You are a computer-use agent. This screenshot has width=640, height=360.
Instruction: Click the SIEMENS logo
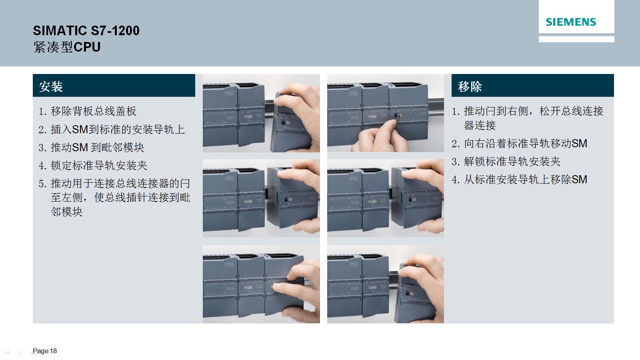pyautogui.click(x=570, y=22)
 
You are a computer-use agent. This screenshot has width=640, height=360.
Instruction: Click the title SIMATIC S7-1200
pyautogui.click(x=86, y=30)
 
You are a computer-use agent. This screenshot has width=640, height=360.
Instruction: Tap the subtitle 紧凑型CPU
pyautogui.click(x=67, y=47)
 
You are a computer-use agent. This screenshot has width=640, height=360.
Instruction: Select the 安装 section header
pyautogui.click(x=51, y=86)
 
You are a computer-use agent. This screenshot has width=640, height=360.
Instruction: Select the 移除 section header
pyautogui.click(x=470, y=86)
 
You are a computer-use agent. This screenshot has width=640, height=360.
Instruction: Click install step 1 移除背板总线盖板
pyautogui.click(x=88, y=111)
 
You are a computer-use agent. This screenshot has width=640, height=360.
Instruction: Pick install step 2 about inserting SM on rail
pyautogui.click(x=112, y=130)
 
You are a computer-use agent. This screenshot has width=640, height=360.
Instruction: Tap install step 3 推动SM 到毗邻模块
pyautogui.click(x=92, y=148)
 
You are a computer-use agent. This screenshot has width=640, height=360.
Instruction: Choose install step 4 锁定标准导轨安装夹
pyautogui.click(x=93, y=166)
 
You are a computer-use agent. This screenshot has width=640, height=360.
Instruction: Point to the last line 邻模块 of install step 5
pyautogui.click(x=66, y=212)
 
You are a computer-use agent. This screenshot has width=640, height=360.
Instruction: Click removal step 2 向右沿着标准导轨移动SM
pyautogui.click(x=520, y=144)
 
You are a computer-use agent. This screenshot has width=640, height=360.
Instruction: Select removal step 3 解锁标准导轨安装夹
pyautogui.click(x=506, y=162)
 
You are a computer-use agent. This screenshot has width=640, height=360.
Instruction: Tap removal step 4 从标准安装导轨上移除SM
pyautogui.click(x=520, y=180)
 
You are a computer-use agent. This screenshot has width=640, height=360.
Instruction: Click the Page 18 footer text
pyautogui.click(x=45, y=351)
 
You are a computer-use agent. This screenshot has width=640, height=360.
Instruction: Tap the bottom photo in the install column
pyautogui.click(x=262, y=284)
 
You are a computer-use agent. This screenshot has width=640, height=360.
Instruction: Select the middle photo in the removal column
pyautogui.click(x=386, y=198)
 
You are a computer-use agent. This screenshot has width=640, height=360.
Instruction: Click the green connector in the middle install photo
pyautogui.click(x=278, y=197)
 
